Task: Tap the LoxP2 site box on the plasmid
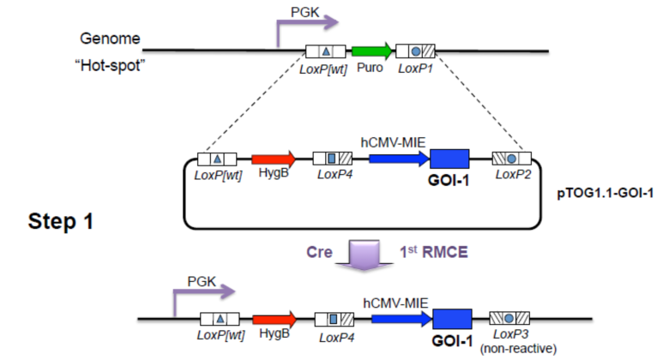coord(510,159)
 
